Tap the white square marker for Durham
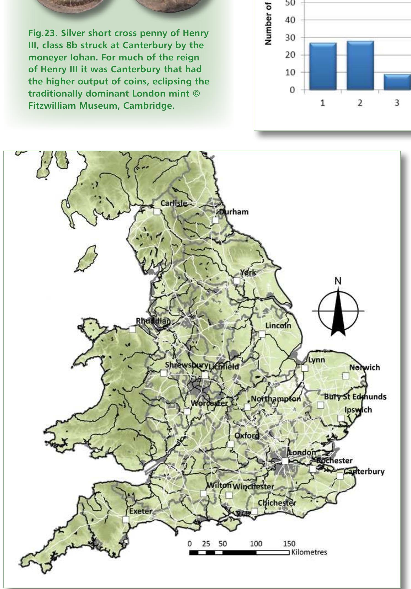(215, 220)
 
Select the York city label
(248, 273)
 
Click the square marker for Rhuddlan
(132, 329)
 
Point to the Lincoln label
(278, 326)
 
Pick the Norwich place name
(364, 367)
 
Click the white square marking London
(285, 461)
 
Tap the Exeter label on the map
(141, 511)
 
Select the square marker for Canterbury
(340, 476)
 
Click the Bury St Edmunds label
(355, 397)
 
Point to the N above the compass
(338, 281)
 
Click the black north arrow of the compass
(338, 312)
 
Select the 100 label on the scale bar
(256, 544)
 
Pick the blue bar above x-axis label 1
(323, 66)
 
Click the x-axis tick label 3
(397, 103)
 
